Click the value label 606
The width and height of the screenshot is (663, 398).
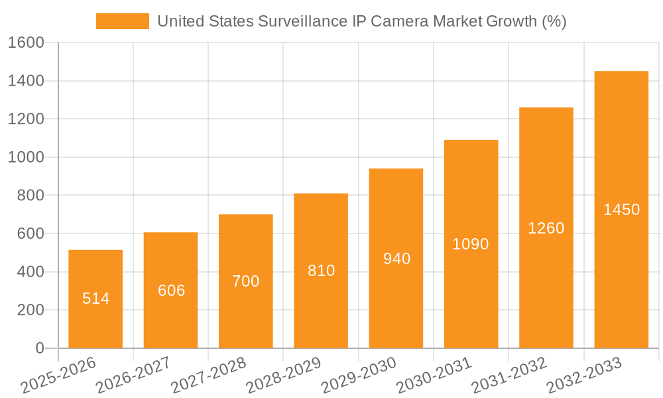coord(171,291)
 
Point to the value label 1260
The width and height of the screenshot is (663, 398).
coord(546,228)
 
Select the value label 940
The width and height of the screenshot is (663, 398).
coord(396,259)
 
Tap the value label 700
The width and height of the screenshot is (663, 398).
coord(246,281)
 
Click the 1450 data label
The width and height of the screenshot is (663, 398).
coord(621,210)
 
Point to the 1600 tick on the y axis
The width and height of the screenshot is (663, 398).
coord(26,42)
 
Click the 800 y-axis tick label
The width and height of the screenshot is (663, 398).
coord(30,196)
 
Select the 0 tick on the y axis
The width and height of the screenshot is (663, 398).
coord(40,348)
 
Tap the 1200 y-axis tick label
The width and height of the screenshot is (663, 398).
coord(26,119)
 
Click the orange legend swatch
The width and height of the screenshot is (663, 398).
coord(123,21)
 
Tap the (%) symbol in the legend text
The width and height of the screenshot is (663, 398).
coord(554,21)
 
